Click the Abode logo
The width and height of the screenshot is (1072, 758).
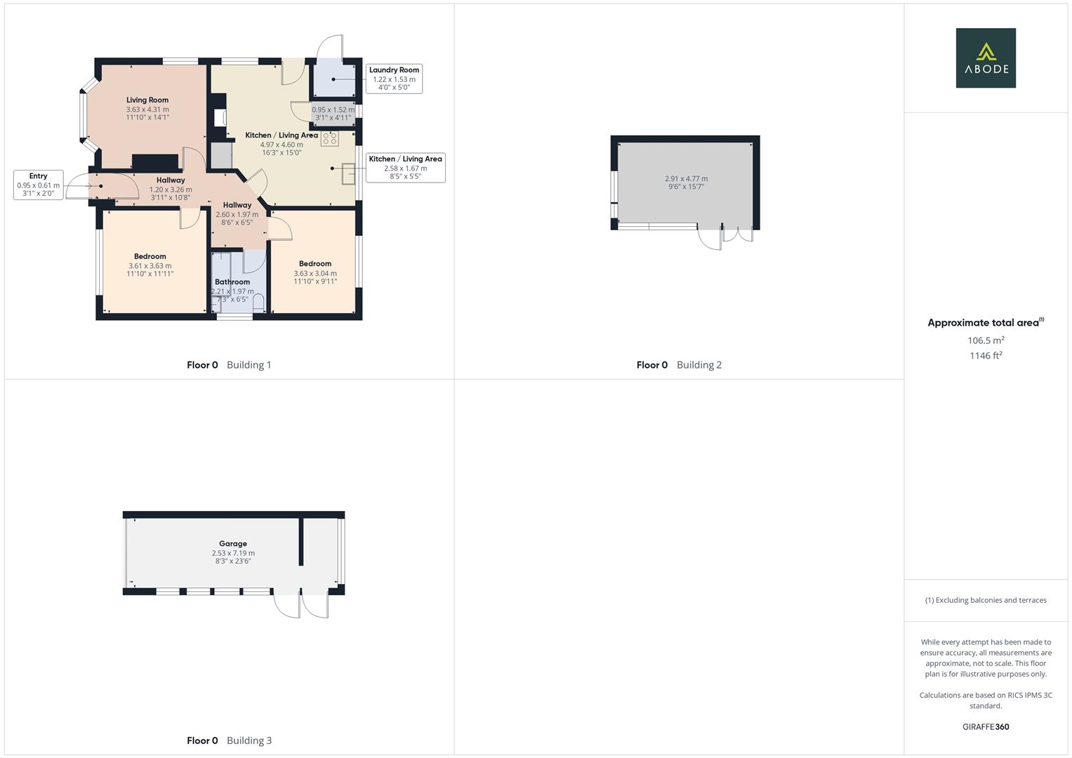[x=985, y=58]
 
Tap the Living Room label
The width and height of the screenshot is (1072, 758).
[x=147, y=100]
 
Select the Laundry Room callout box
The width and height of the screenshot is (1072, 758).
[x=394, y=79]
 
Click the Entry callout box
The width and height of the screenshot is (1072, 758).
[x=39, y=185]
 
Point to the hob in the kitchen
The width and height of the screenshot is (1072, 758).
[x=330, y=138]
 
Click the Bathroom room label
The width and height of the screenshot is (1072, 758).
[x=232, y=282]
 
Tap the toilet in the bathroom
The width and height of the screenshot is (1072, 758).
[x=258, y=303]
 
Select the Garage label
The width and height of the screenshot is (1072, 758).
[x=233, y=544]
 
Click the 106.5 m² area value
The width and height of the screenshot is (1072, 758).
[x=986, y=340]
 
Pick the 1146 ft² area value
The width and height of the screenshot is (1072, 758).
[x=986, y=356]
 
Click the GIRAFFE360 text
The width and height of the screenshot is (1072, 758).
[x=986, y=727]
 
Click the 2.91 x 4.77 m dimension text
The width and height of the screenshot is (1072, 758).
[x=686, y=179]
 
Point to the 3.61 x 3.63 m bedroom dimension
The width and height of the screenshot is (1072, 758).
[x=150, y=266]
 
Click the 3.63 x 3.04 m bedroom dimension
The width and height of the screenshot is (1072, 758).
[x=315, y=274]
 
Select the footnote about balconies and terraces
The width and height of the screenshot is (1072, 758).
[x=986, y=600]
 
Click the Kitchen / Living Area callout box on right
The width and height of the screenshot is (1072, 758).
[x=405, y=168]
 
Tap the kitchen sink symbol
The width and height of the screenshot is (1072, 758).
[x=349, y=173]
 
